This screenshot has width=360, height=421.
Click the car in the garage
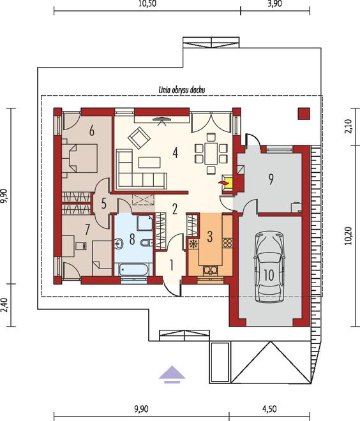(269, 268)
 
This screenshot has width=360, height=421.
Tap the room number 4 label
(175, 153)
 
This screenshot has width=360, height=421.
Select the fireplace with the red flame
(227, 183)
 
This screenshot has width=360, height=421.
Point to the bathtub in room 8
(133, 270)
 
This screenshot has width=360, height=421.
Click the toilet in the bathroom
(146, 243)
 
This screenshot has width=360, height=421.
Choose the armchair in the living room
(139, 138)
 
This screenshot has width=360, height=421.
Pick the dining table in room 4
(211, 153)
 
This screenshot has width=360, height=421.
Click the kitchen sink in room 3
(211, 270)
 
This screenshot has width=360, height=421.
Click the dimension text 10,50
(147, 4)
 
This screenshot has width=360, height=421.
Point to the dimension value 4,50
(269, 409)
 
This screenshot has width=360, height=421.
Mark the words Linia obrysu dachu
(182, 90)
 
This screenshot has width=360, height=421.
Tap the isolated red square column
(304, 114)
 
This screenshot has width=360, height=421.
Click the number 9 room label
(271, 179)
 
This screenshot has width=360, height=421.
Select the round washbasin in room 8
(119, 243)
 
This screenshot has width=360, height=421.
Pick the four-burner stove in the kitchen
(227, 243)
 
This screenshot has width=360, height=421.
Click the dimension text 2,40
(4, 305)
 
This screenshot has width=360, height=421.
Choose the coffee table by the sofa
(149, 163)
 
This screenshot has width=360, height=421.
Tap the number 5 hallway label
(103, 203)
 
